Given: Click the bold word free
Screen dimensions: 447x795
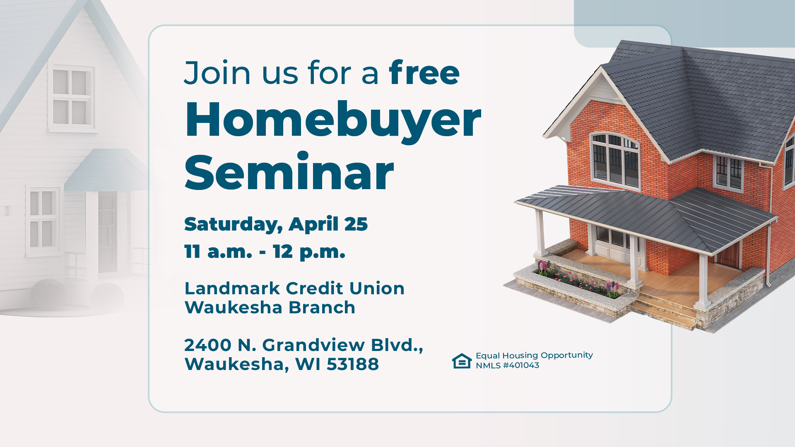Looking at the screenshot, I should (424, 73).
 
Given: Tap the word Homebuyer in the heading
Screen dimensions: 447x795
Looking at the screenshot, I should (333, 120).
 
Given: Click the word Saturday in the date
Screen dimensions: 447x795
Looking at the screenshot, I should (233, 224).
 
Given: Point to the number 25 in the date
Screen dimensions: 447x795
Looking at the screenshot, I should (356, 224).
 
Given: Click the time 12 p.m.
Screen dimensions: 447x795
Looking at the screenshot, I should (309, 252).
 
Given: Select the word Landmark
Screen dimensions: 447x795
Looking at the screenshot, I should (232, 288).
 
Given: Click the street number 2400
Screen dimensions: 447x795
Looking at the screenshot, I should (208, 345).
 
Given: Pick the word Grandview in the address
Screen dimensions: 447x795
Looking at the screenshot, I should (313, 345).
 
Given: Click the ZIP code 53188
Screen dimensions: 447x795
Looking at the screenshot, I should (352, 364).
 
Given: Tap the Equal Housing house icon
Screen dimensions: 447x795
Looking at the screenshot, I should (462, 361).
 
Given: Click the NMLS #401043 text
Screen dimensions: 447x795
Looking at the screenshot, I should (507, 365).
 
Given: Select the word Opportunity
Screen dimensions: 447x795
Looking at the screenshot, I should (566, 355).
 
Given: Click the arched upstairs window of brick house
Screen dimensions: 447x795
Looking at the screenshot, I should (614, 159).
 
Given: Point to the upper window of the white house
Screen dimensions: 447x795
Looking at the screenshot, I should (72, 98).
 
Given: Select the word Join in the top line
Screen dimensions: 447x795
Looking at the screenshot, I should (217, 73).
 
